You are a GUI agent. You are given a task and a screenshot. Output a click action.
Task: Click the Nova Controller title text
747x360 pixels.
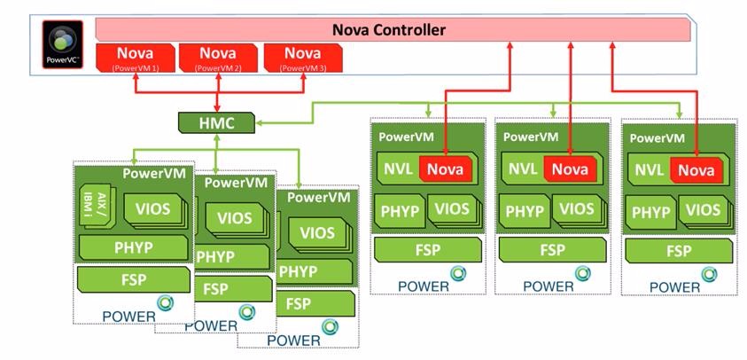click(389, 30)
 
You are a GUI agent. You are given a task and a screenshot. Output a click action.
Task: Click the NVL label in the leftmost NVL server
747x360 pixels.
click(398, 168)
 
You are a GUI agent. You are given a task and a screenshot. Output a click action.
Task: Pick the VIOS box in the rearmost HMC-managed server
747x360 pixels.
click(317, 232)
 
